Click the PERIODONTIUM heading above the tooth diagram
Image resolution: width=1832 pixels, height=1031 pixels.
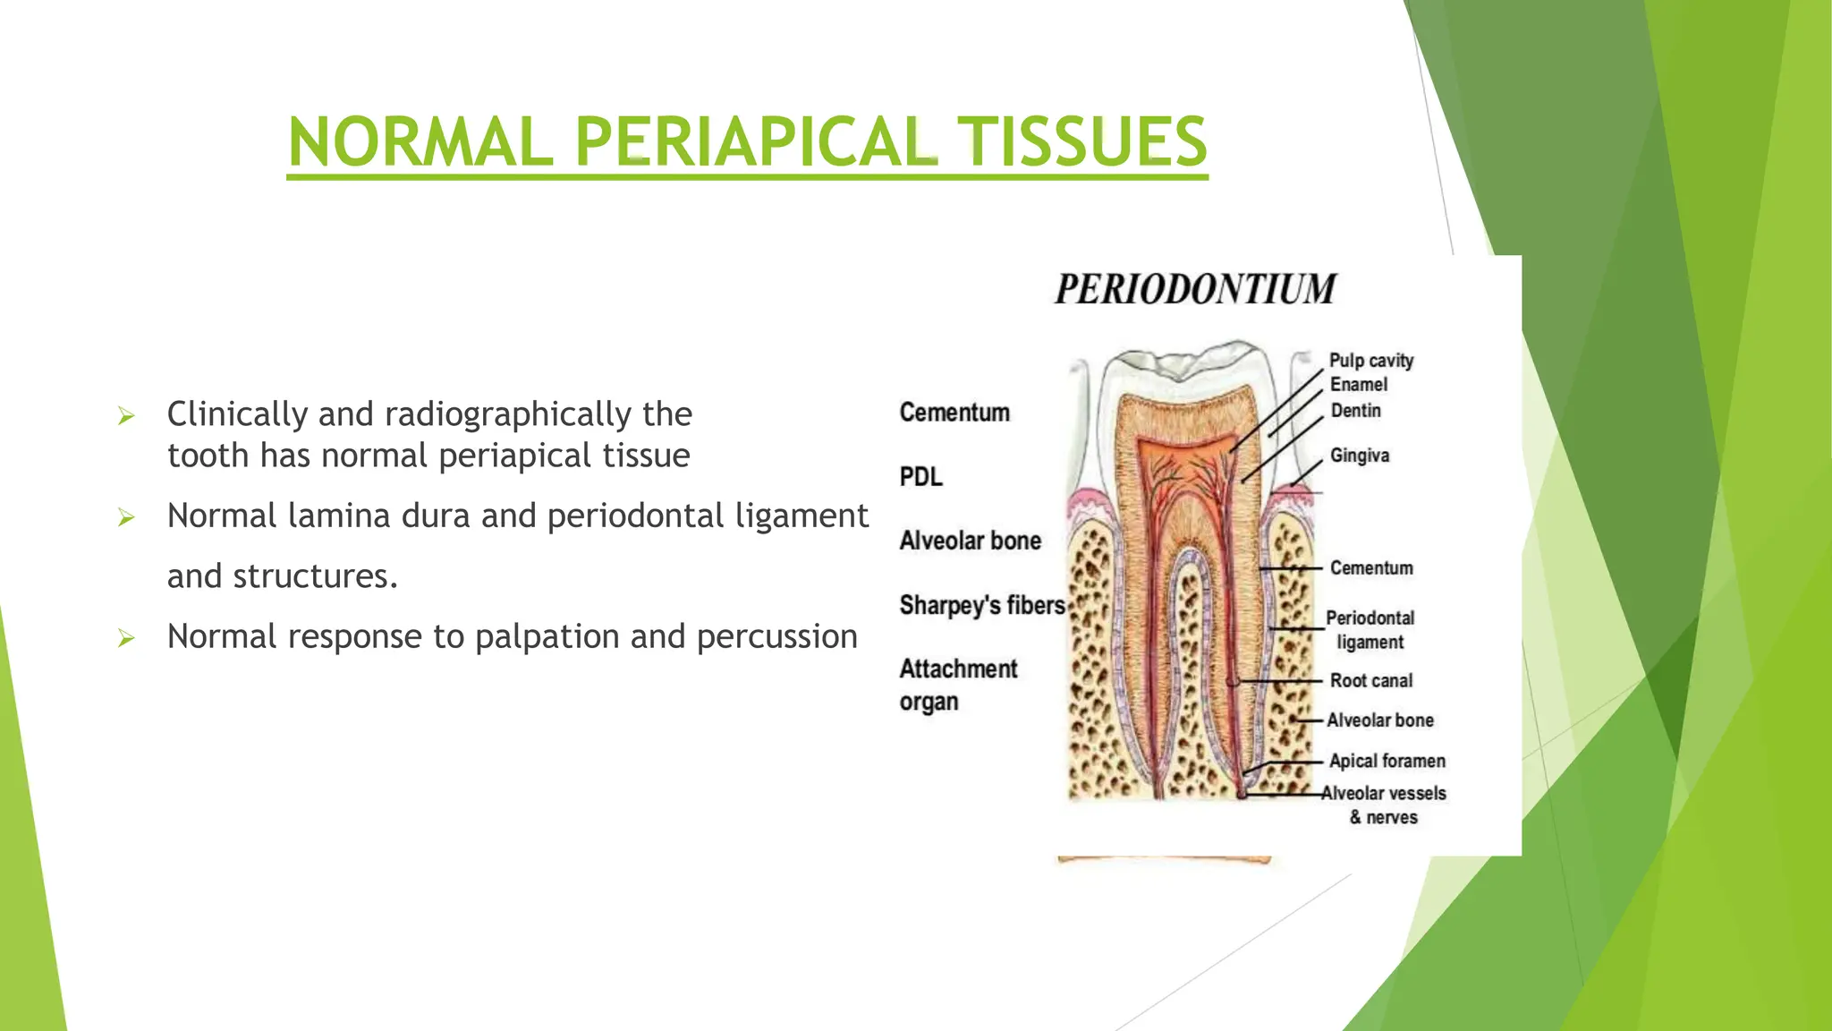[1195, 289]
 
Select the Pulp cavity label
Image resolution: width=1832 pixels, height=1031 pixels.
[1370, 361]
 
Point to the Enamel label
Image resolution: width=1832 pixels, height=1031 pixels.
[1358, 385]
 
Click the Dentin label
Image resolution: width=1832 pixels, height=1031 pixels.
[1355, 411]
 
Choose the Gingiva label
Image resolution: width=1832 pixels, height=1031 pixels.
[1359, 456]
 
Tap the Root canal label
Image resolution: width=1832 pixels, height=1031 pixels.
[1370, 681]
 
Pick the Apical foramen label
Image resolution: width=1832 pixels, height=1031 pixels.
[1387, 762]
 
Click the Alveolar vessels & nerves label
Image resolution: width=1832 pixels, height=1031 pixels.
[1383, 805]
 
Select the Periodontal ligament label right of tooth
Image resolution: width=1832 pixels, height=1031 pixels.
[1370, 630]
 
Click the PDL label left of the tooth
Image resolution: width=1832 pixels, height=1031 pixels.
[920, 477]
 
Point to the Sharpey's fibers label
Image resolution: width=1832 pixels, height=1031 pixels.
[981, 606]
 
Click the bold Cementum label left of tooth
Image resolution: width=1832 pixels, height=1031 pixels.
[954, 413]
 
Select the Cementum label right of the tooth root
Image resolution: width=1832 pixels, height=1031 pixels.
[1370, 568]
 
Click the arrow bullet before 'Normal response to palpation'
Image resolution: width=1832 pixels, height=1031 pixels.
[126, 638]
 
